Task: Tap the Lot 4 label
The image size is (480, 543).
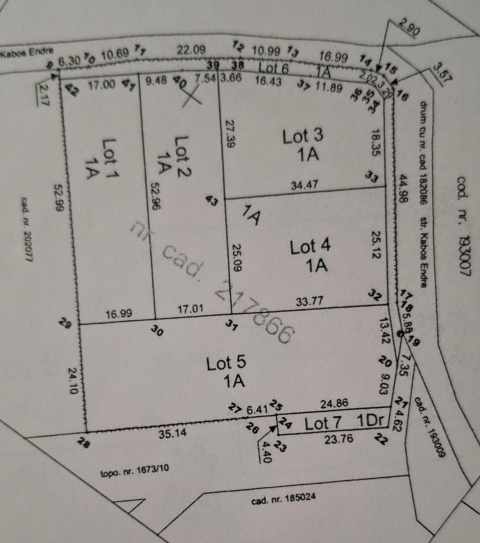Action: coord(310,247)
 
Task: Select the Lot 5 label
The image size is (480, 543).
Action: coord(226,364)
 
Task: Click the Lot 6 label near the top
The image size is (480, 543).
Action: coord(274,68)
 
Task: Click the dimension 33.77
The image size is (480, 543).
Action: coord(308,302)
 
